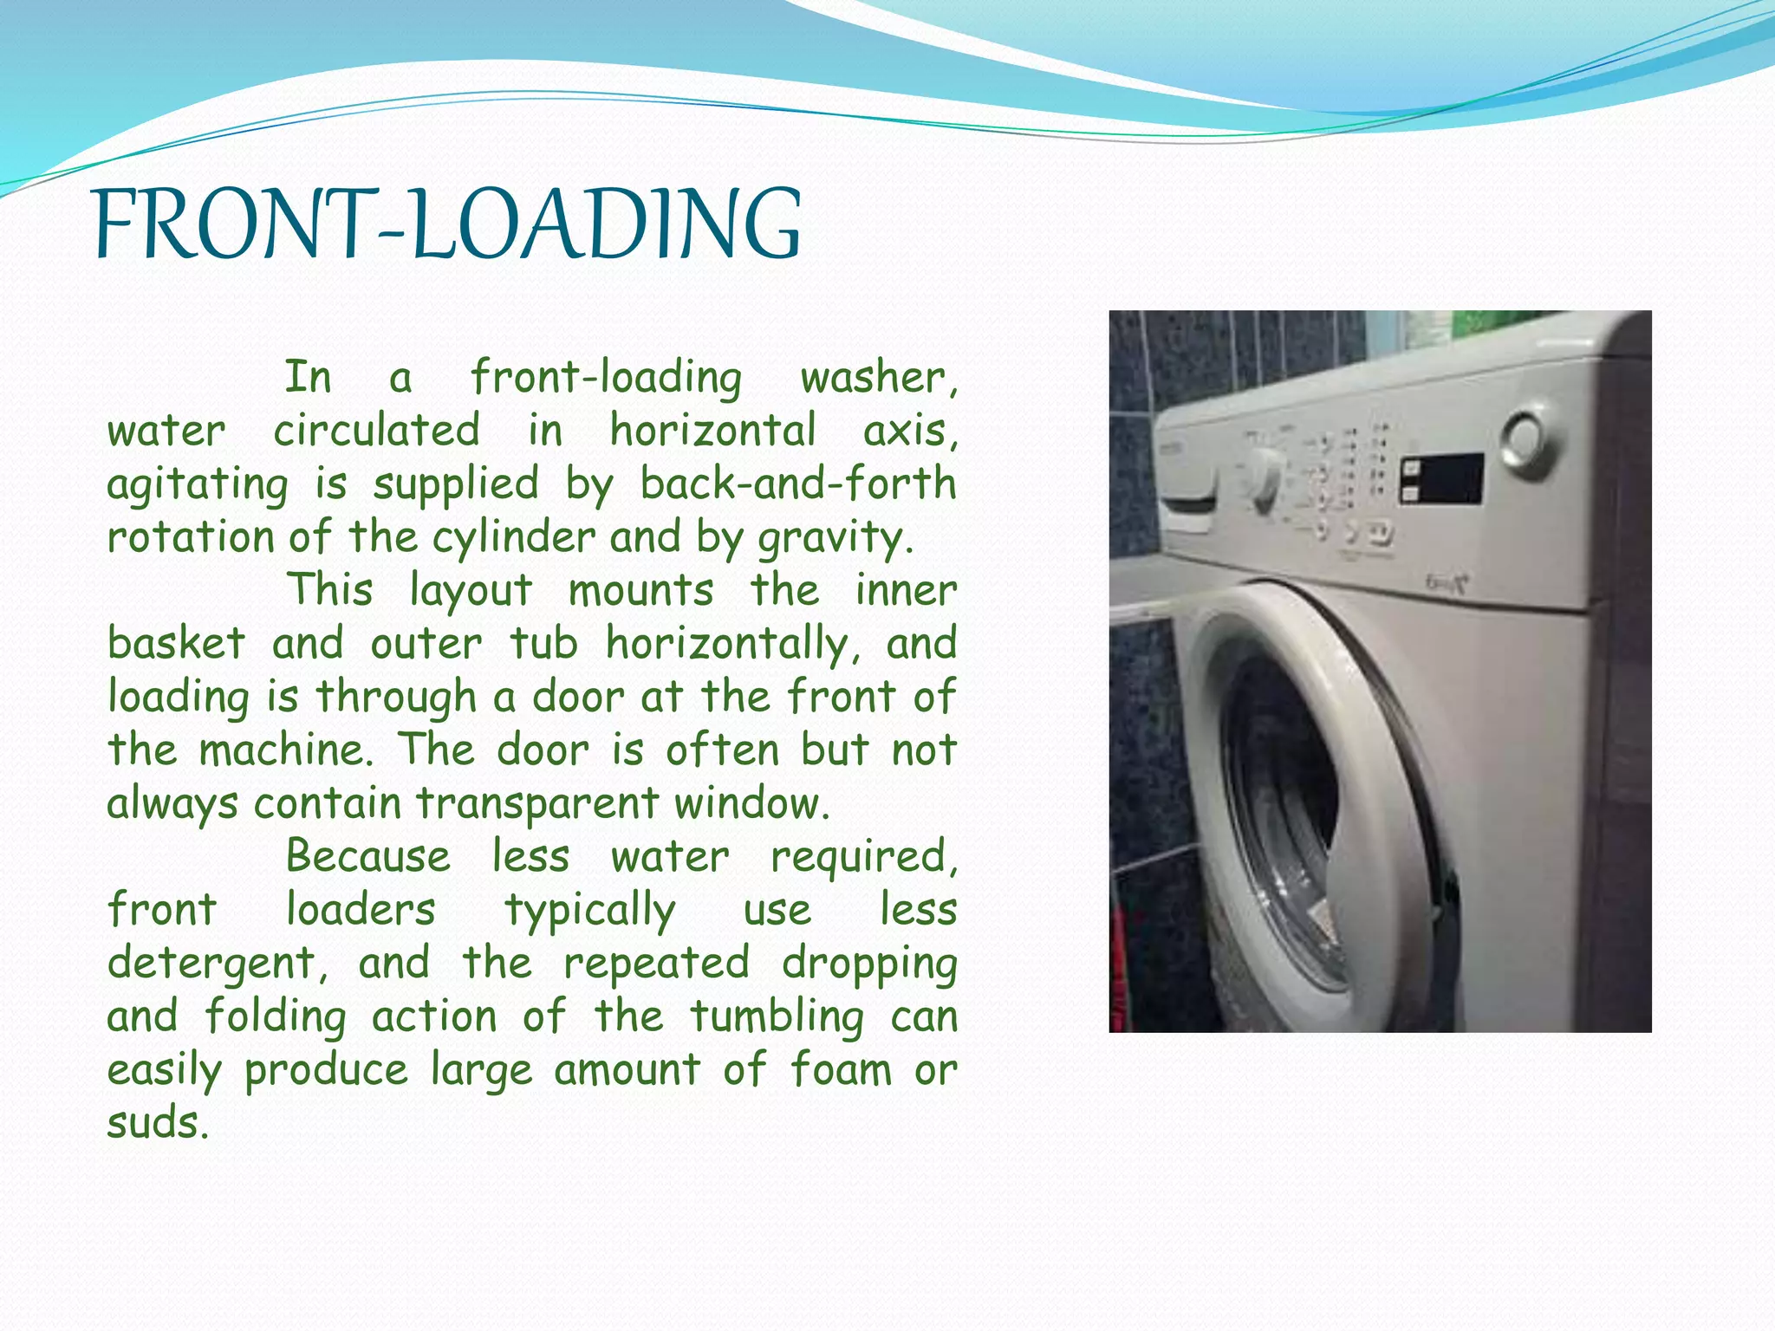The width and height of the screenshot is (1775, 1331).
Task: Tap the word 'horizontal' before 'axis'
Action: [712, 431]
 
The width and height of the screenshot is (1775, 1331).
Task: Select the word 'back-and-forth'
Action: [797, 484]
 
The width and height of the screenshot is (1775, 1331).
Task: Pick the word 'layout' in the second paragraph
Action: [471, 590]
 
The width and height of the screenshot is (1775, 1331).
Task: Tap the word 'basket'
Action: [177, 644]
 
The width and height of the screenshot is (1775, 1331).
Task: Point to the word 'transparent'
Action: [537, 804]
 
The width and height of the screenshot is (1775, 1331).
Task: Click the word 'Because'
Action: [367, 857]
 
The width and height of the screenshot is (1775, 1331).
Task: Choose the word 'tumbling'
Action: [777, 1017]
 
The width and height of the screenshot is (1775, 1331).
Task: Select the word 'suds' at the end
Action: [156, 1123]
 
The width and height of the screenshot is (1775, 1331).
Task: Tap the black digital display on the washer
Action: [1442, 479]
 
